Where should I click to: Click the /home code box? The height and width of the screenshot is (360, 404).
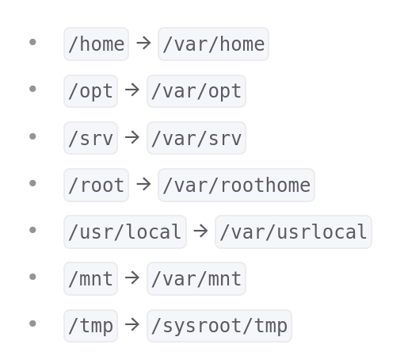tap(96, 44)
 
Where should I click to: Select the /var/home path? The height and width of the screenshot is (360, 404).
tap(213, 44)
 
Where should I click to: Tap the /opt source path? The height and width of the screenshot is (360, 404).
tap(90, 91)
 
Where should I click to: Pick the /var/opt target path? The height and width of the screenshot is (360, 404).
tap(196, 91)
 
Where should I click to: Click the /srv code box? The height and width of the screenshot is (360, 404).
tap(90, 138)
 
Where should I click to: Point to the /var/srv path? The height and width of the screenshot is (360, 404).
tap(196, 138)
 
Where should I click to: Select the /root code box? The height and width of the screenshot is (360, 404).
tap(96, 185)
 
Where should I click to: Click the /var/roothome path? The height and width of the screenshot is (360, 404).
tap(236, 185)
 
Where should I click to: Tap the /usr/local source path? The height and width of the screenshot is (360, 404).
tap(125, 232)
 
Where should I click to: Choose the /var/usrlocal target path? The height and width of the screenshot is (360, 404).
tap(293, 232)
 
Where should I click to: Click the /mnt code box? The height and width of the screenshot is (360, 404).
tap(90, 278)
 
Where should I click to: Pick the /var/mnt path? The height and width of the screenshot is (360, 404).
tap(196, 278)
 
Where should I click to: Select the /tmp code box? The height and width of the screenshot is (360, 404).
tap(90, 326)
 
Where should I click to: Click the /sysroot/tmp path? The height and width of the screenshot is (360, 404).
tap(219, 326)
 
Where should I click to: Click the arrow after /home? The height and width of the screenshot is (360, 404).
tap(143, 44)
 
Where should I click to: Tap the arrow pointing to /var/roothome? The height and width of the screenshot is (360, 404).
tap(143, 184)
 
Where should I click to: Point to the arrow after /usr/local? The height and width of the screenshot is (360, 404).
tap(200, 231)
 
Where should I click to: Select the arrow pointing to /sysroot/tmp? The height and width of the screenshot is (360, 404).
tap(132, 325)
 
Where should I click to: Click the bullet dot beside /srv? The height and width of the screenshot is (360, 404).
tap(32, 136)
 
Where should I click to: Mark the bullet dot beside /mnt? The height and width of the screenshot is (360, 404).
tap(32, 277)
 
